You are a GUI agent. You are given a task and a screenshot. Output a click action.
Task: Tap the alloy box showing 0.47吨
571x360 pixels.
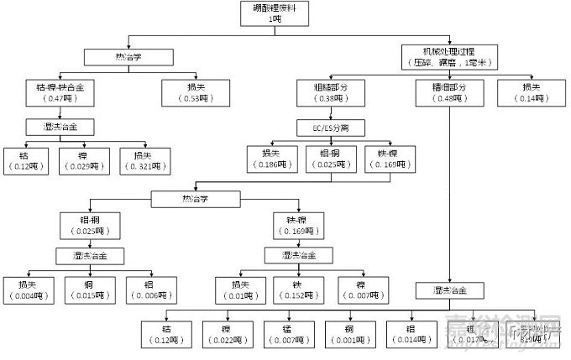tap(56, 92)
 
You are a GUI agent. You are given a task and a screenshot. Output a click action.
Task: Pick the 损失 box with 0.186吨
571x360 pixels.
tap(270, 159)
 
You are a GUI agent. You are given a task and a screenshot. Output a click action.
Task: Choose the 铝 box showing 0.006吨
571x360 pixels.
tap(151, 290)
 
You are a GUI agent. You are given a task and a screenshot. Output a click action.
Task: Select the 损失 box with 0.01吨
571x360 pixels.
tap(239, 290)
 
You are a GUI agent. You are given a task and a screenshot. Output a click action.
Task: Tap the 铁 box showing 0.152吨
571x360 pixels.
tap(296, 290)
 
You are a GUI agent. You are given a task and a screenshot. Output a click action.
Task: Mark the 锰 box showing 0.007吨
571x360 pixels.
tap(286, 333)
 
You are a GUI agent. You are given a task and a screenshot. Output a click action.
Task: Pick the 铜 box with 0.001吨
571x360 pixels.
tap(347, 333)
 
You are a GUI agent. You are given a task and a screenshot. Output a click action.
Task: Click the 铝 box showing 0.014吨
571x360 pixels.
tap(410, 333)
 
